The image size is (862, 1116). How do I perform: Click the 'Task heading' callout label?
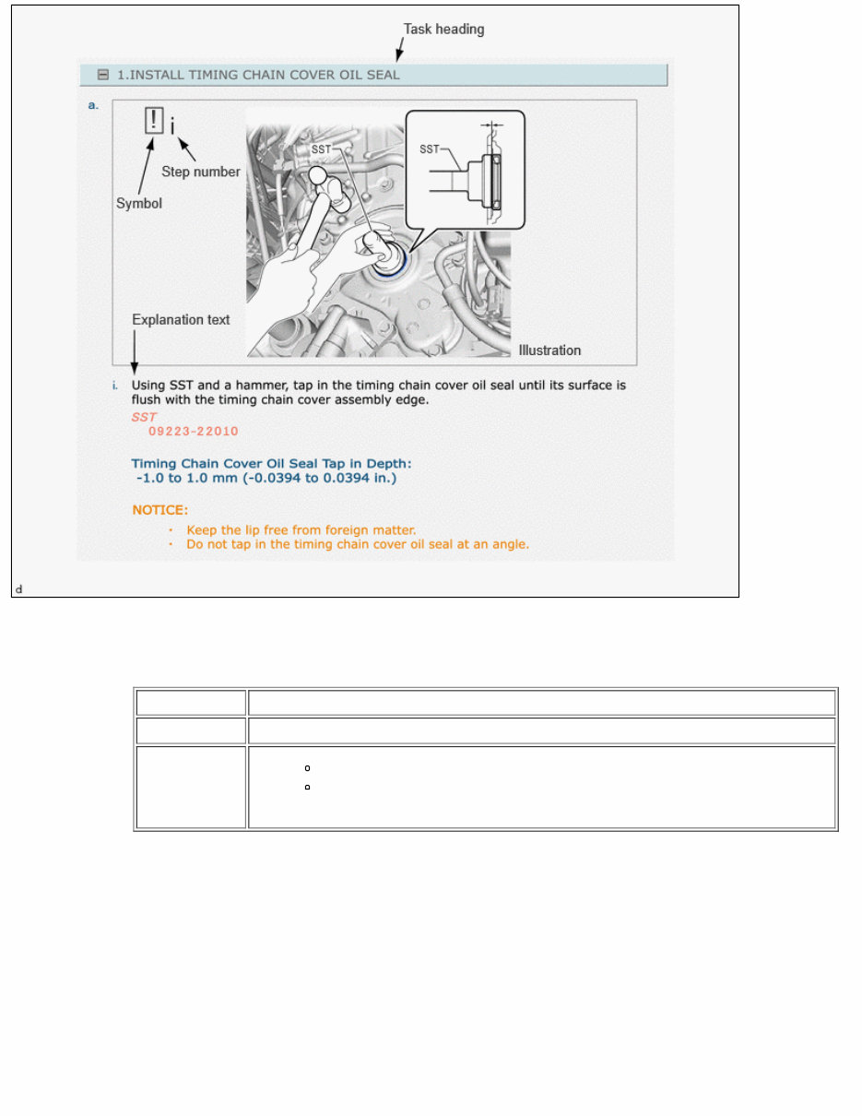443,29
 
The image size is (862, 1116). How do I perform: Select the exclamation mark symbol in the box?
154,120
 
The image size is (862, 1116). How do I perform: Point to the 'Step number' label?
200,172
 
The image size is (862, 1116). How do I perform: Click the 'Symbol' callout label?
138,203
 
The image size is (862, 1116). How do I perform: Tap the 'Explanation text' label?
181,320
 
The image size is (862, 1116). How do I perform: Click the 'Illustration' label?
549,350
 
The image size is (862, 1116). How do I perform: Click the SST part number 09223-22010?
186,431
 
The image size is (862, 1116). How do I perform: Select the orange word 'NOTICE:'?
159,509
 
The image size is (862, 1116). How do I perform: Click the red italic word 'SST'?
144,417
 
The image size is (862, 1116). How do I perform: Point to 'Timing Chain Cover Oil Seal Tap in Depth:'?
271,463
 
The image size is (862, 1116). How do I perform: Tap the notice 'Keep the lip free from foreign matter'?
301,529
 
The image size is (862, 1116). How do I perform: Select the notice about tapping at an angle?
357,544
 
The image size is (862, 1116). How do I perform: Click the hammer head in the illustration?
319,175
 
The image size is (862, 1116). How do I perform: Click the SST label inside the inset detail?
430,148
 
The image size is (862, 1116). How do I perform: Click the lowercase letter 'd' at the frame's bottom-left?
18,588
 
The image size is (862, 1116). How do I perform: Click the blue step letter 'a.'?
92,105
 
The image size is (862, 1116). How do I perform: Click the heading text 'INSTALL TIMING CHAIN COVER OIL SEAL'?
265,75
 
